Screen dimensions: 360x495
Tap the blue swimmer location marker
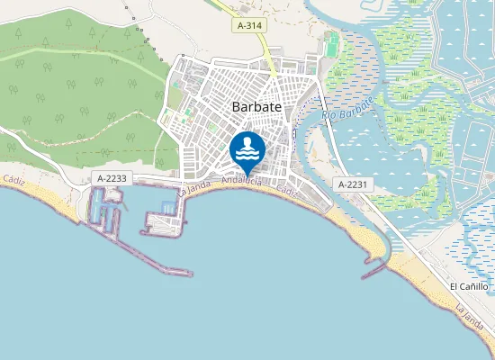coord(247,150)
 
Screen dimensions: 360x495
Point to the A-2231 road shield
coord(353,184)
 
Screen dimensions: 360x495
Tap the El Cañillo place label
coord(469,286)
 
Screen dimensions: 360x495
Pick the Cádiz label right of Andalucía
coord(287,192)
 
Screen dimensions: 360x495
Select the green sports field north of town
coord(333,43)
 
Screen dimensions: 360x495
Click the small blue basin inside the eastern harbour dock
coord(168,209)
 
